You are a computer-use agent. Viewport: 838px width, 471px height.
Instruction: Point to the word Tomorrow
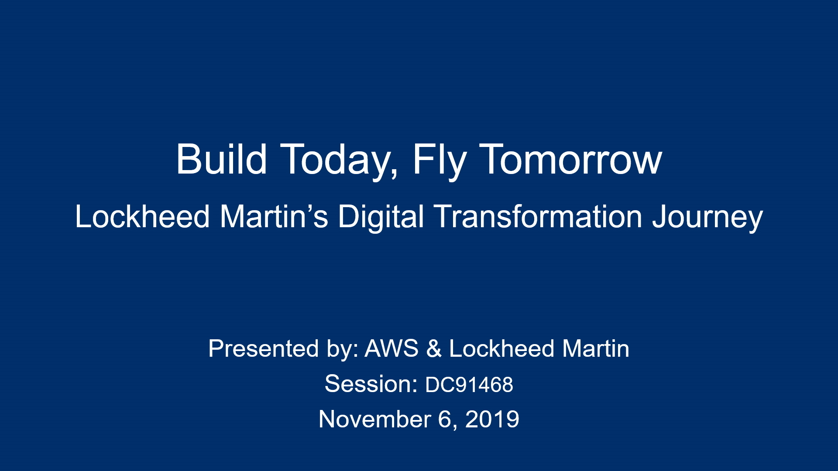(571, 160)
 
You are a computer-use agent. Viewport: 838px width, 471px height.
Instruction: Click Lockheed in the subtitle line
(142, 216)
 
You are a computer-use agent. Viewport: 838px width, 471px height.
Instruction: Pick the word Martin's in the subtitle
(274, 216)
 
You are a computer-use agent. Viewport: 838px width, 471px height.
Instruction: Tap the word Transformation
(538, 216)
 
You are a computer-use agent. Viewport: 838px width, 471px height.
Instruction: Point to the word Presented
(264, 348)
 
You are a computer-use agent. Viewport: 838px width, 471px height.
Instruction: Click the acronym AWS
(392, 348)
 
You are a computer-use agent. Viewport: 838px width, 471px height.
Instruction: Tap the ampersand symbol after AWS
(434, 348)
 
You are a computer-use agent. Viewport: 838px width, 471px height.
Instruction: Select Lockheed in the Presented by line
(502, 348)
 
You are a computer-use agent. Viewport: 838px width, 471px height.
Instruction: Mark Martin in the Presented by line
(596, 348)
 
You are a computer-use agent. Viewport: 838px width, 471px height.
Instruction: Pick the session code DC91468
(469, 385)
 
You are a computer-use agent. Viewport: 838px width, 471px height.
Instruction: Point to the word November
(375, 419)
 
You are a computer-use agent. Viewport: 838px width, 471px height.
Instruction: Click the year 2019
(492, 419)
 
